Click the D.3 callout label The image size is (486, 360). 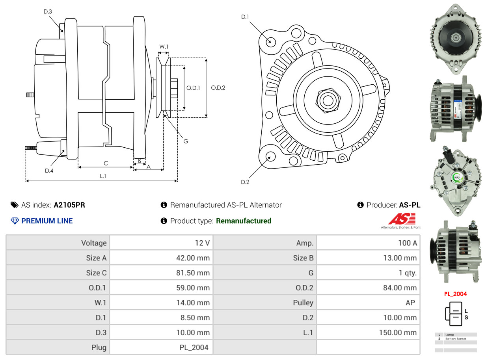48,11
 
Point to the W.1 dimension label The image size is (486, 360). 164,47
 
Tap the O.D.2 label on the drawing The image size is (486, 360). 218,88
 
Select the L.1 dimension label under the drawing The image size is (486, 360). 103,176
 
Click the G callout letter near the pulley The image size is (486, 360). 186,141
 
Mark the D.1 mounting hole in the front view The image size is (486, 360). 270,41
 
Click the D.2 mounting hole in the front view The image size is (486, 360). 270,156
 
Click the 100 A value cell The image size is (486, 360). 408,243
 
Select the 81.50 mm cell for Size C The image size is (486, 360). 193,273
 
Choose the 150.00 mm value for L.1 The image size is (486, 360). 398,332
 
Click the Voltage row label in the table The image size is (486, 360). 94,243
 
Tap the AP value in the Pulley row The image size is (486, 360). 410,302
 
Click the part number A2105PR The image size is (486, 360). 69,205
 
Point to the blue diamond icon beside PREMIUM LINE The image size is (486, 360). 15,221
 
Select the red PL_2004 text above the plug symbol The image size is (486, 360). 455,293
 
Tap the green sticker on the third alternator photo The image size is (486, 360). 457,177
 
